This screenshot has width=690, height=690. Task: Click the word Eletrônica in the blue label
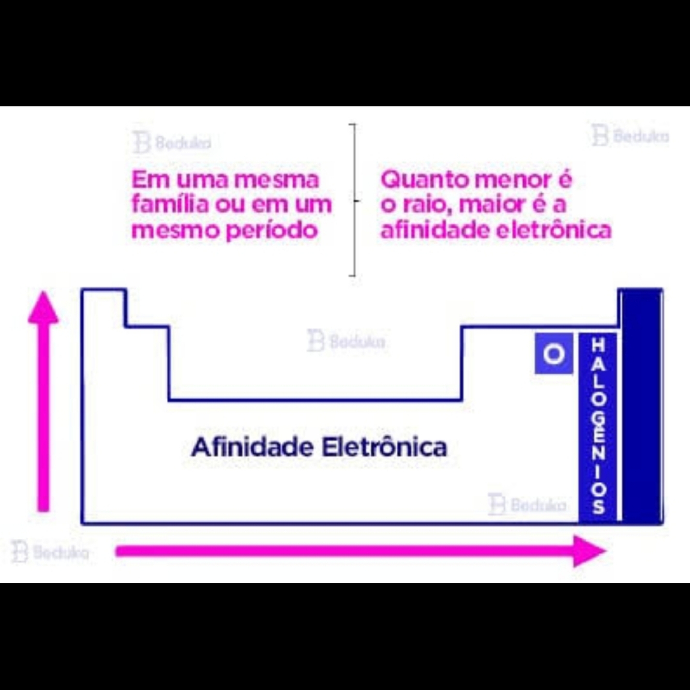(x=384, y=447)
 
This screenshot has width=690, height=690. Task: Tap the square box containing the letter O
(x=553, y=354)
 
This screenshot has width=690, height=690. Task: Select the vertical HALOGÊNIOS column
(x=598, y=427)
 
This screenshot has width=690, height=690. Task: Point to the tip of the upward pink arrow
(x=43, y=296)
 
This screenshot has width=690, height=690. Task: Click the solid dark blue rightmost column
(x=641, y=406)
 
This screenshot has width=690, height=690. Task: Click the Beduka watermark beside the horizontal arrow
(x=50, y=552)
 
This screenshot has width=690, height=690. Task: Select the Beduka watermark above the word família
(x=172, y=142)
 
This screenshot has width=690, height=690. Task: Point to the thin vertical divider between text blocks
(x=355, y=200)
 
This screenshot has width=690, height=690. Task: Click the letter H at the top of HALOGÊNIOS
(x=598, y=345)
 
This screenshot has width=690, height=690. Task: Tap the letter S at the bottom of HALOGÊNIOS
(x=598, y=506)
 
